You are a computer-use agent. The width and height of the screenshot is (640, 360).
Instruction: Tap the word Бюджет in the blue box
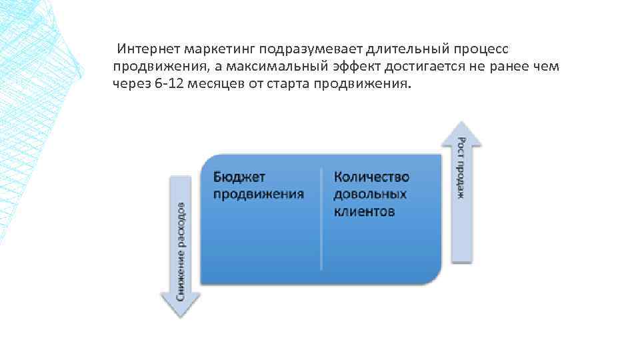tap(239, 177)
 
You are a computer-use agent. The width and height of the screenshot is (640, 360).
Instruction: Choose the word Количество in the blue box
tap(372, 177)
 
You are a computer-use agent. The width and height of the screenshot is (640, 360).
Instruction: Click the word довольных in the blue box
tap(370, 194)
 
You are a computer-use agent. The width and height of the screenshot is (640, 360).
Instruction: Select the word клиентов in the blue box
tap(364, 211)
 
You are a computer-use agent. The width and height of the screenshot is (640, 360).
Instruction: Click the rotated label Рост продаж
tap(461, 167)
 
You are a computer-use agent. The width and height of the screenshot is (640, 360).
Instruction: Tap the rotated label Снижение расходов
tap(181, 249)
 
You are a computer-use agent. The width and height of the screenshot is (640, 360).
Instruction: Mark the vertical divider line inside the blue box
tap(321, 220)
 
